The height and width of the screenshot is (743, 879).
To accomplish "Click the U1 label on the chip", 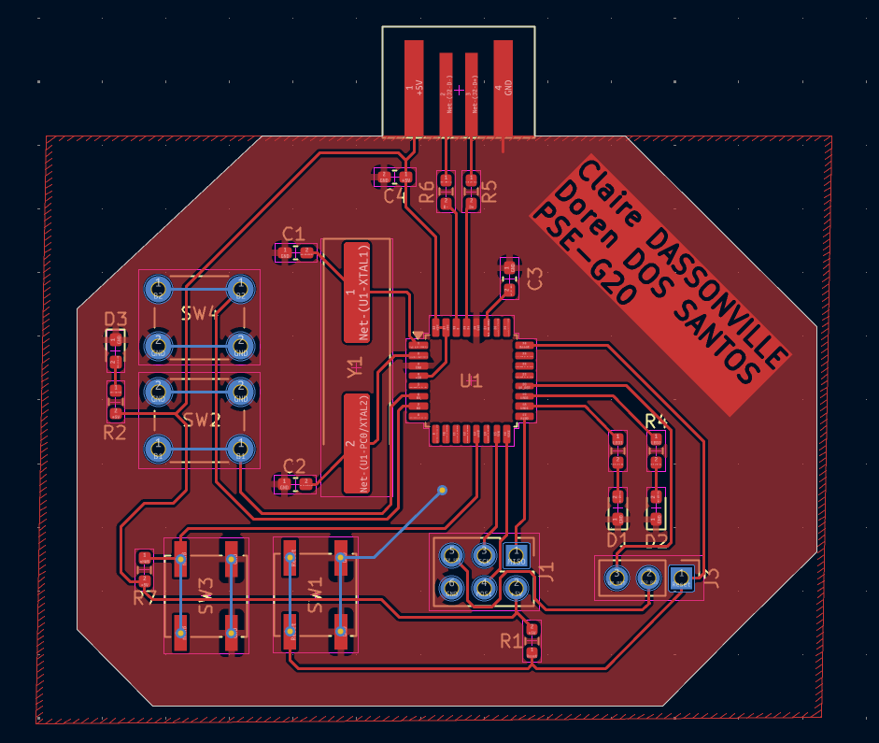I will pyautogui.click(x=471, y=380).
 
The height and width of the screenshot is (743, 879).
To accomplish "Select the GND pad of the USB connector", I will pyautogui.click(x=503, y=89).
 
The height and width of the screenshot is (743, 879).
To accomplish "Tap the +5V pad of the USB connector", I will pyautogui.click(x=413, y=89).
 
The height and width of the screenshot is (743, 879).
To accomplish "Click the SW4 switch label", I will pyautogui.click(x=200, y=313).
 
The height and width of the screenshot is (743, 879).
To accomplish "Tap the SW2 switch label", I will pyautogui.click(x=200, y=420).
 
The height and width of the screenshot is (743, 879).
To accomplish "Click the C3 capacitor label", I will pyautogui.click(x=535, y=278).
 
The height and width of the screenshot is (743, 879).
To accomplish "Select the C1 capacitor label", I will pyautogui.click(x=293, y=234).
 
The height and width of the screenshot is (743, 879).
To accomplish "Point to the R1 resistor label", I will pyautogui.click(x=511, y=641).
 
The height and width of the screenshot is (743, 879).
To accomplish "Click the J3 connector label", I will pyautogui.click(x=712, y=579).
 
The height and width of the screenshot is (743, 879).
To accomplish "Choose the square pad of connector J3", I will pyautogui.click(x=681, y=579).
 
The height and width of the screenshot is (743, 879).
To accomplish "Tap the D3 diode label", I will pyautogui.click(x=115, y=319).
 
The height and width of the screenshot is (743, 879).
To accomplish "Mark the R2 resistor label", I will pyautogui.click(x=114, y=433).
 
